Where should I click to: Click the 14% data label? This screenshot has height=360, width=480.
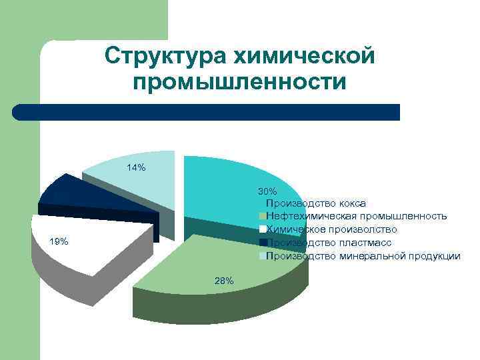(x=136, y=168)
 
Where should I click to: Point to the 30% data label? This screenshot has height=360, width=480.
(x=267, y=191)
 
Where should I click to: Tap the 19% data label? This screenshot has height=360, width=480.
(x=59, y=241)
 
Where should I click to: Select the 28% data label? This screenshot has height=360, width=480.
(x=224, y=281)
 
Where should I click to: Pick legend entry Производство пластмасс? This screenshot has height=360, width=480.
(x=328, y=243)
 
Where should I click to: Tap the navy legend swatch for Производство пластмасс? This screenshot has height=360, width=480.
(x=263, y=243)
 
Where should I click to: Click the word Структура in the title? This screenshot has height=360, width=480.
(x=167, y=57)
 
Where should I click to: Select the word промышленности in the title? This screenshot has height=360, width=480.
(x=239, y=83)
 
